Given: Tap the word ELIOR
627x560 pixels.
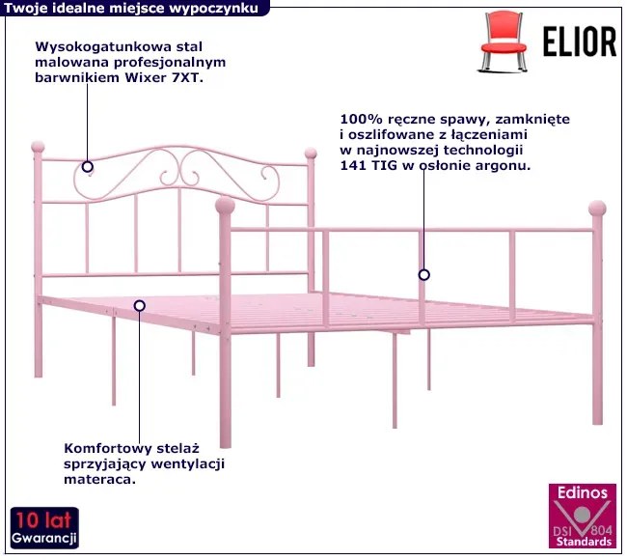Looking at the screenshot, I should tap(579, 41).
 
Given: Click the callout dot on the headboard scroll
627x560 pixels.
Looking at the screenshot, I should tap(88, 165).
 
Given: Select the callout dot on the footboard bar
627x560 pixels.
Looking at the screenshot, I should tap(423, 275).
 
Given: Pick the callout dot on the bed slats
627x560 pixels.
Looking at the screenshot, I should tap(140, 305).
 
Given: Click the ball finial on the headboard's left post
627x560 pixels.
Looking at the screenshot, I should tap(38, 148).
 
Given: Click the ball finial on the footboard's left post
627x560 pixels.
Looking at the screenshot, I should tap(225, 205).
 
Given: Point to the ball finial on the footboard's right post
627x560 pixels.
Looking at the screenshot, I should tap(597, 208).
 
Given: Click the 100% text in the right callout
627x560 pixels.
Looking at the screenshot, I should tap(358, 119).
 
